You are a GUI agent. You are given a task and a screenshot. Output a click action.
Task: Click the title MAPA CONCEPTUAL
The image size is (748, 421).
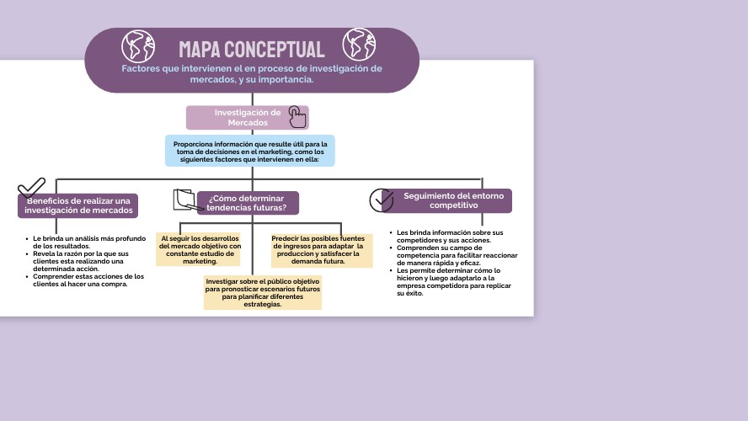[x=251, y=49]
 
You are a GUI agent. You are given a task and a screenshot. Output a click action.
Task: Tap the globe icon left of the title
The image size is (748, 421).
[x=138, y=45]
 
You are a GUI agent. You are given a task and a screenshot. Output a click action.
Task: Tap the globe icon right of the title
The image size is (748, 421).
[x=359, y=44]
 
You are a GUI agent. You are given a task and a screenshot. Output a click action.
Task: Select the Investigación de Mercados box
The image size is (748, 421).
[x=247, y=117]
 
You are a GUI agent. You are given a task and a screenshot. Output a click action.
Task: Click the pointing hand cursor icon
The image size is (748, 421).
[x=297, y=116]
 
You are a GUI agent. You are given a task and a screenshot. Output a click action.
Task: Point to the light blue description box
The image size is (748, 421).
[x=249, y=151]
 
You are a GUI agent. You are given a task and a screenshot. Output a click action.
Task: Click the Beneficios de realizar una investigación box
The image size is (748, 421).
[x=78, y=205]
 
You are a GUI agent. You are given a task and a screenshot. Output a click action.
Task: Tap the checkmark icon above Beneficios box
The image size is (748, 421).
[x=31, y=187]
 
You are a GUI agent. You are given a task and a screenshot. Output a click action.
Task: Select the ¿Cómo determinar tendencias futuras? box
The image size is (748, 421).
[x=247, y=203]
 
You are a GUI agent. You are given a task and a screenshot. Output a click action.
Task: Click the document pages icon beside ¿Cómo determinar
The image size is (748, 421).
[x=184, y=200]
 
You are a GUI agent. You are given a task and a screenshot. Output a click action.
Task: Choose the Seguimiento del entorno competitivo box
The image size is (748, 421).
[x=453, y=200]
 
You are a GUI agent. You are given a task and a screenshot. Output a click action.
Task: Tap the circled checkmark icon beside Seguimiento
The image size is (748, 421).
[x=382, y=200]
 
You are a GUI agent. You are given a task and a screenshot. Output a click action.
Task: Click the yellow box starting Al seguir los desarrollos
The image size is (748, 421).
[x=200, y=250]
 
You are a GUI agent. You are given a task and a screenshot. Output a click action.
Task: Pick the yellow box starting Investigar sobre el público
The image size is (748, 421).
[x=263, y=292]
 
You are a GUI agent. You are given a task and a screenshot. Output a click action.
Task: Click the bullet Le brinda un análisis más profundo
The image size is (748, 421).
[x=88, y=242]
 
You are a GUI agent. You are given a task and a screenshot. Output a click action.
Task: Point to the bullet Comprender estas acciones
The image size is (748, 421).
[x=88, y=280]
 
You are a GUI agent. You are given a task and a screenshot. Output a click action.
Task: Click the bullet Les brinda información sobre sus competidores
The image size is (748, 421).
[x=450, y=236]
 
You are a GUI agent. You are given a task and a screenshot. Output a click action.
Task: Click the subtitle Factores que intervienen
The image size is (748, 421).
[x=251, y=73]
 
